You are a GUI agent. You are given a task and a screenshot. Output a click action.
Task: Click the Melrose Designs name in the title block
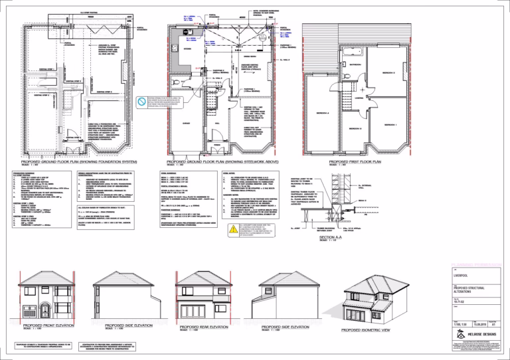pyautogui.click(x=477, y=337)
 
